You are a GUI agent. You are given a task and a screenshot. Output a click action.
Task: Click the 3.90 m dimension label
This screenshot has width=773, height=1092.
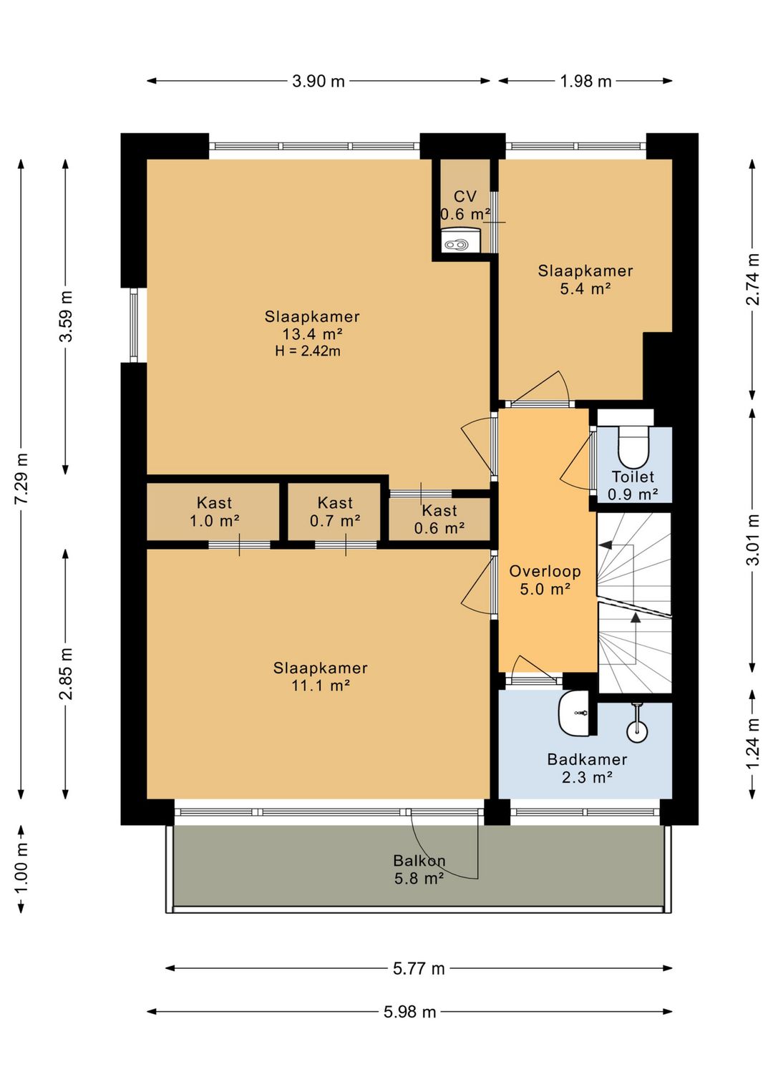pos(319,81)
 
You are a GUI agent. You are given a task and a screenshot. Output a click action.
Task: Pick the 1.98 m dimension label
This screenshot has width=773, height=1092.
pos(585,81)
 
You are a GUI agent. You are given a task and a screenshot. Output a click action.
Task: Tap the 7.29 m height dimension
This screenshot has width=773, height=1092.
pos(21,479)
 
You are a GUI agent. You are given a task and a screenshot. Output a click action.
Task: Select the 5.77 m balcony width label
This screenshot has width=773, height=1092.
pos(419,968)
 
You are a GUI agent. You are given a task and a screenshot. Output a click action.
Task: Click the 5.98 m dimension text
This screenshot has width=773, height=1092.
pos(409,1012)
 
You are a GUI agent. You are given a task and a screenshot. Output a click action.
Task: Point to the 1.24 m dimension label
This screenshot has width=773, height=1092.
pos(753,744)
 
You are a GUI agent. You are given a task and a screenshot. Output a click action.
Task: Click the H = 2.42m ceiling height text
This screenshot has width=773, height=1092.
pos(308,351)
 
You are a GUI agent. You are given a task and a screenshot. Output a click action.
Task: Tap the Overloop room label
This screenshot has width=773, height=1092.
pos(545,571)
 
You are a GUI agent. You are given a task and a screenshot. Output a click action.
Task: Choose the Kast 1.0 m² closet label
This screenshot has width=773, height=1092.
pos(214,512)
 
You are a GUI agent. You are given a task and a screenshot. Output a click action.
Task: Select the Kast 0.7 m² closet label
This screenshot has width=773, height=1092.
pos(335,512)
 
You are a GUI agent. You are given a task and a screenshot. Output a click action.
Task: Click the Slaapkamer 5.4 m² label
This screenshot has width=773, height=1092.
pos(585,280)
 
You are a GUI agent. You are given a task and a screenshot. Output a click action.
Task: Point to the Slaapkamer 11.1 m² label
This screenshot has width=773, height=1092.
pos(321,677)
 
